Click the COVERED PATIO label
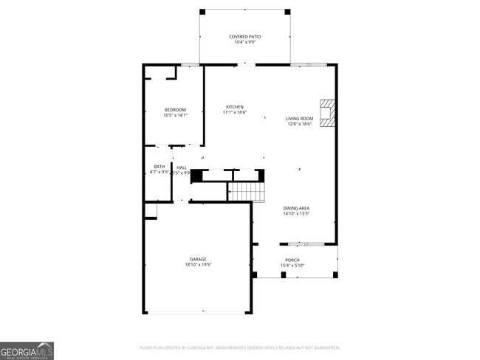pyautogui.click(x=244, y=36)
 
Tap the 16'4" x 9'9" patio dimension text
pyautogui.click(x=244, y=42)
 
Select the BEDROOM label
pyautogui.click(x=175, y=109)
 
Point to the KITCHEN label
pyautogui.click(x=235, y=107)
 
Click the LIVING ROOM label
pyautogui.click(x=300, y=118)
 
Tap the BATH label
pyautogui.click(x=160, y=167)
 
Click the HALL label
pyautogui.click(x=182, y=167)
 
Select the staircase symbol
pyautogui.click(x=246, y=192)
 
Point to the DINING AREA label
pyautogui.click(x=296, y=208)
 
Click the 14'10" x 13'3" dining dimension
pyautogui.click(x=296, y=214)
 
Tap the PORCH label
pyautogui.click(x=293, y=260)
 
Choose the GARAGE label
pyautogui.click(x=198, y=259)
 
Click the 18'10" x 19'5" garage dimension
pyautogui.click(x=198, y=265)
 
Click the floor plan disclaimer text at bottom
pyautogui.click(x=239, y=347)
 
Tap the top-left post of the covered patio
pyautogui.click(x=202, y=11)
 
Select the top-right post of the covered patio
pyautogui.click(x=287, y=11)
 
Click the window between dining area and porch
pyautogui.click(x=301, y=243)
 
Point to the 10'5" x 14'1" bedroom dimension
pyautogui.click(x=175, y=115)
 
